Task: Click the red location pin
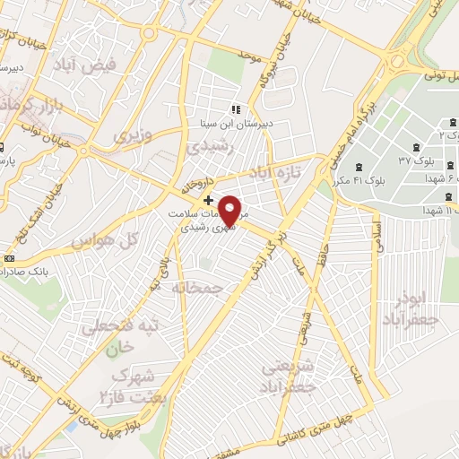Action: tap(229, 211)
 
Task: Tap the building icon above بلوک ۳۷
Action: tap(415, 148)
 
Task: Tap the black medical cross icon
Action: tap(209, 200)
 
